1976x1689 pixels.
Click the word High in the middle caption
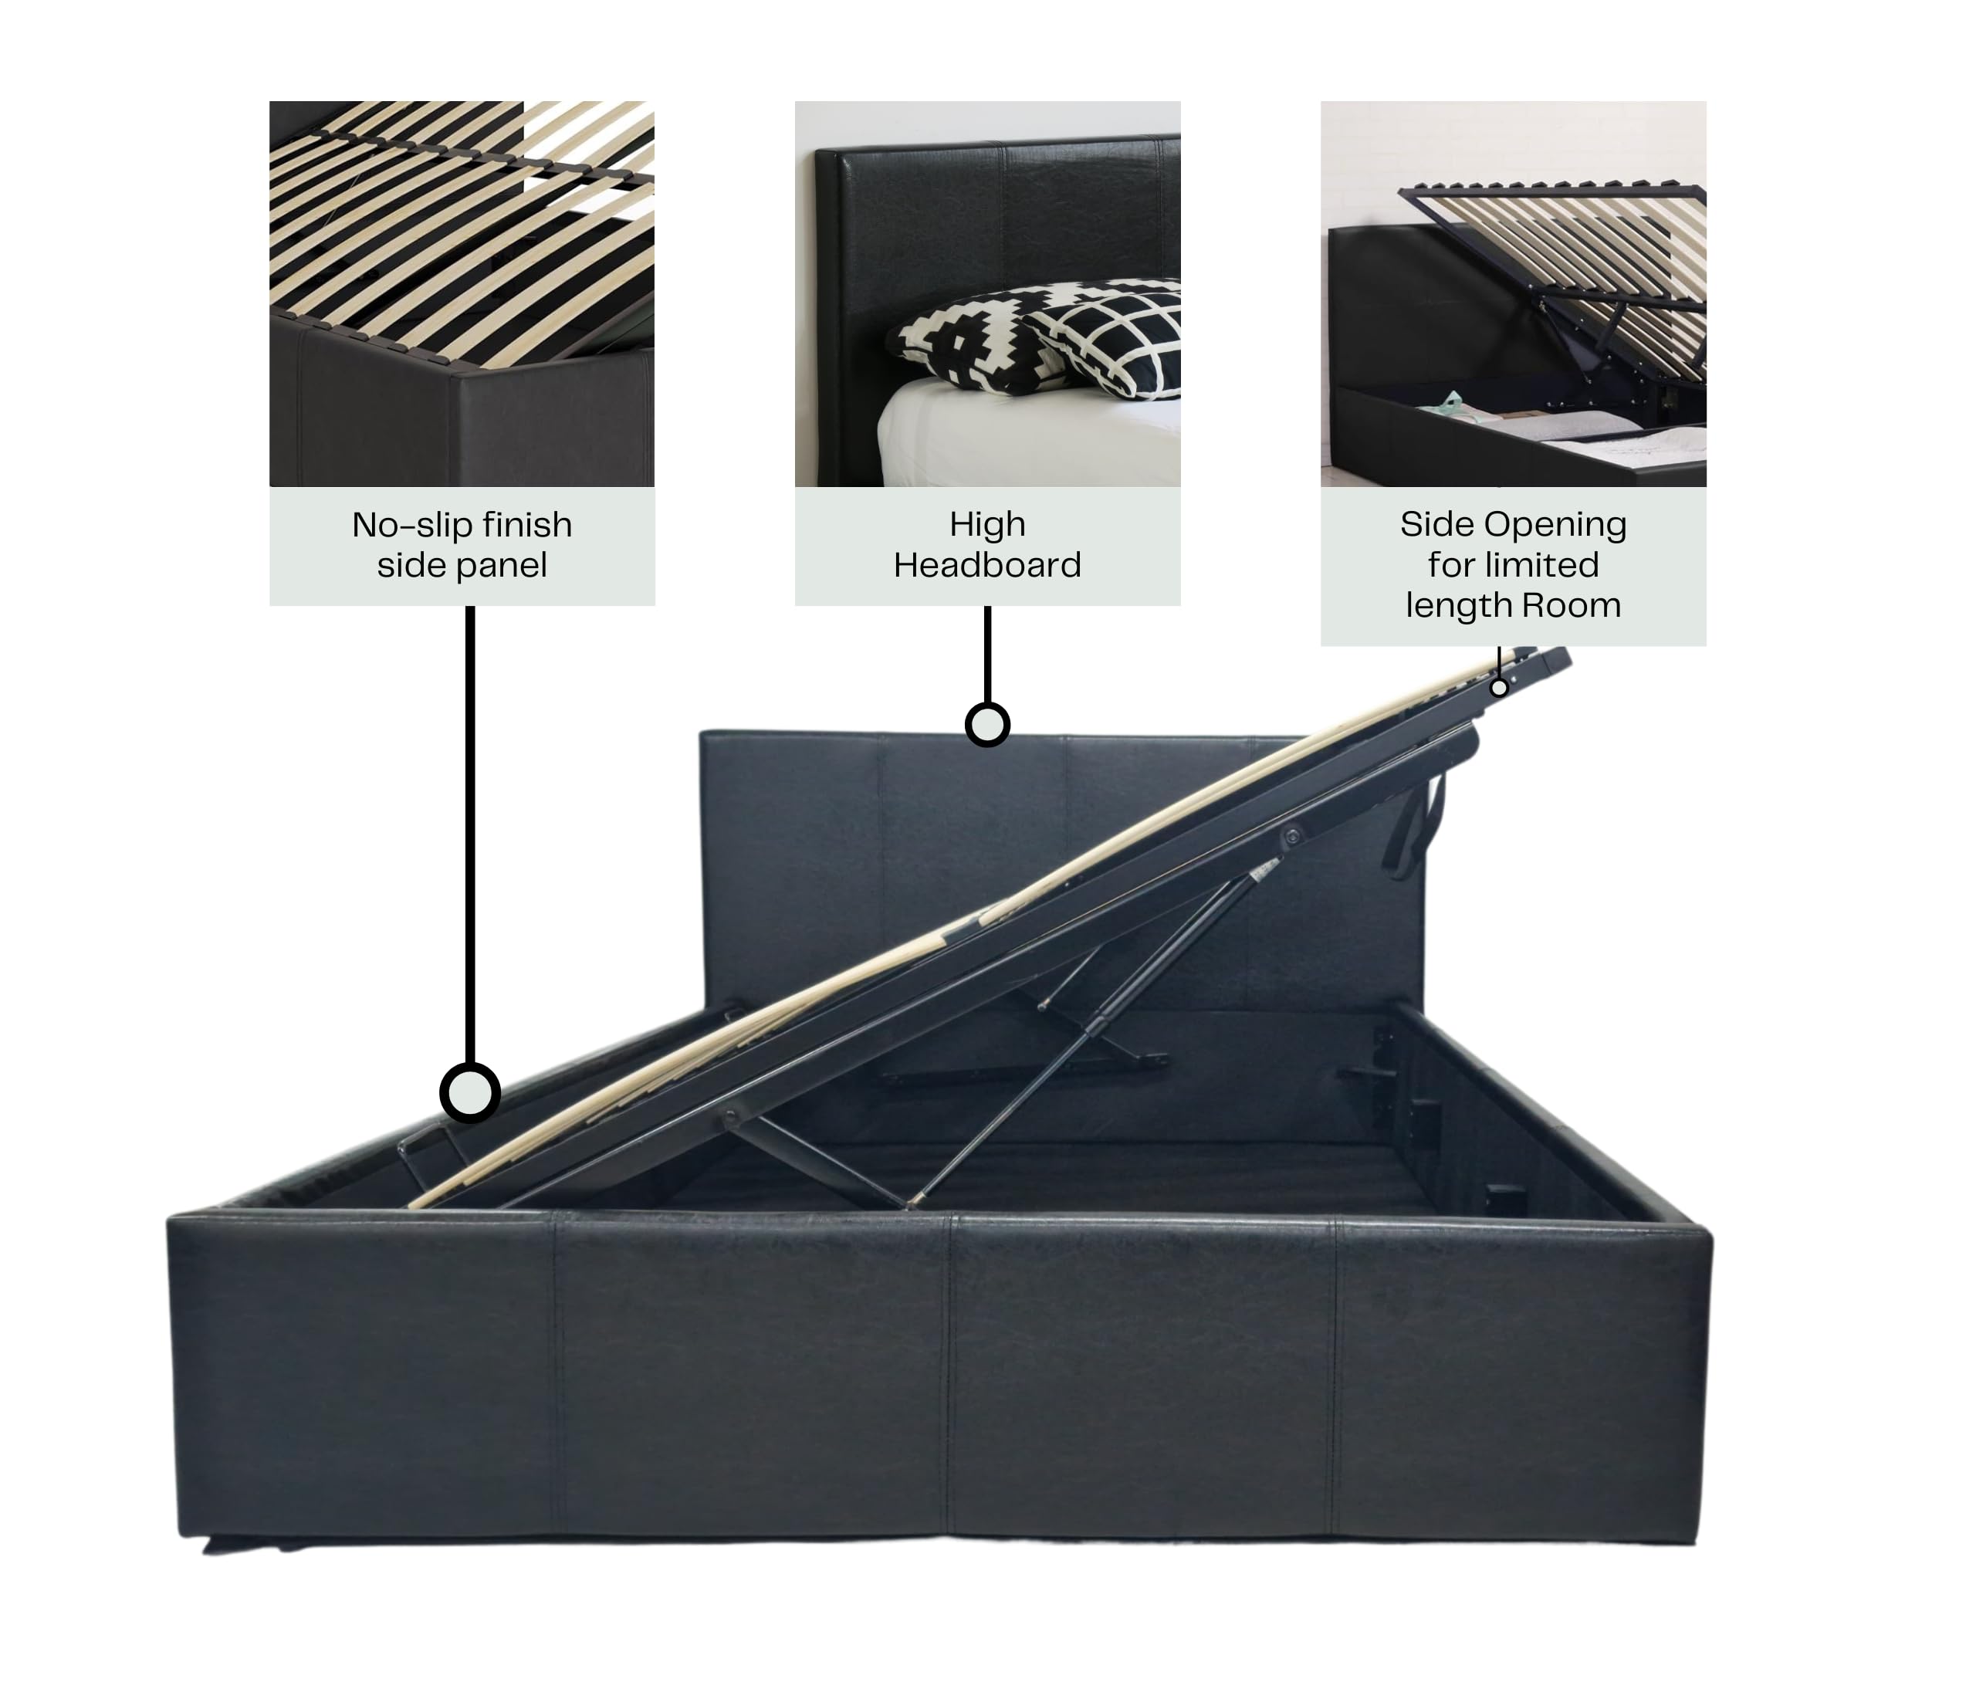(987, 526)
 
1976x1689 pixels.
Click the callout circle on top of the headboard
(987, 724)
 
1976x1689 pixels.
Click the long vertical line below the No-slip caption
(470, 834)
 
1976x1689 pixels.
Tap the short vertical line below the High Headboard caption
(987, 655)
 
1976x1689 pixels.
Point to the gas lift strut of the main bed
(1092, 1034)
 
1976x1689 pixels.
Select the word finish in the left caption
(527, 525)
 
